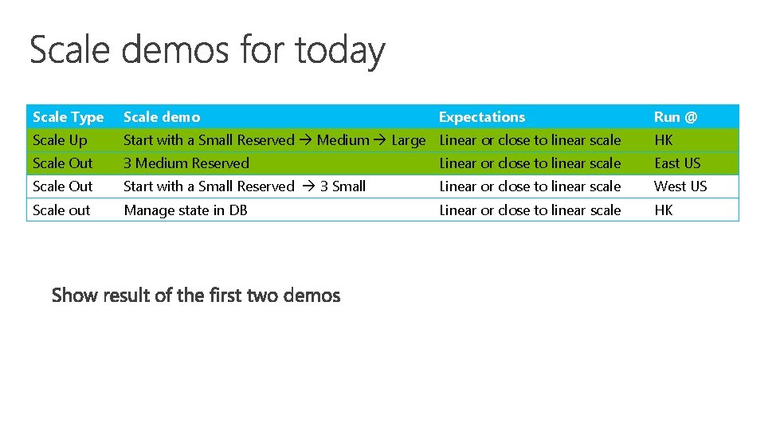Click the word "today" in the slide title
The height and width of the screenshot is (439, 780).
click(339, 50)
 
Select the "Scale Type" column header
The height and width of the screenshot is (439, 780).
click(69, 117)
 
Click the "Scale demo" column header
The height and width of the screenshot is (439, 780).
click(162, 117)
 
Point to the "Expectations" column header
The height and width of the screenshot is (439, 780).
click(482, 117)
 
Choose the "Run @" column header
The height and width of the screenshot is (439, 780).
click(676, 117)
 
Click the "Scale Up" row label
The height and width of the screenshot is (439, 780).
click(60, 140)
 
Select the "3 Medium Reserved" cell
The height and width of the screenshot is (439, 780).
click(186, 163)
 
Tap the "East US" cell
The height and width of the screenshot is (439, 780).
click(677, 163)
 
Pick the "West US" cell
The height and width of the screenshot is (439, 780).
click(680, 186)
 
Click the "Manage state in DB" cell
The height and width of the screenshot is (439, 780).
click(186, 210)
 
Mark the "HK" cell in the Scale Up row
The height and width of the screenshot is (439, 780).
click(663, 140)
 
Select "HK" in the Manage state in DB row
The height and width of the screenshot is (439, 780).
click(663, 210)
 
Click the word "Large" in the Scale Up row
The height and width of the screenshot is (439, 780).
click(409, 140)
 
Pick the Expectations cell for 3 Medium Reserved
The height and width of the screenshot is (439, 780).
click(530, 163)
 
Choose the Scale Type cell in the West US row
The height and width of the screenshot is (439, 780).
click(62, 186)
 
